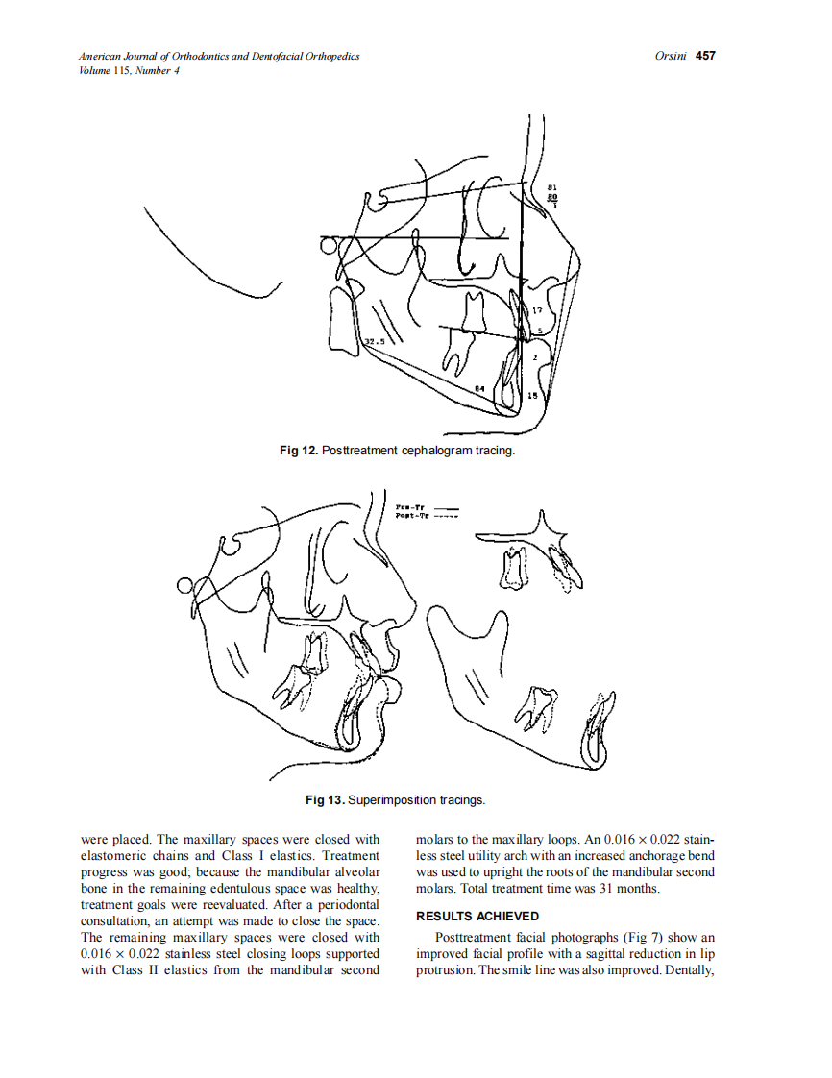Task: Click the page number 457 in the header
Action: pyautogui.click(x=706, y=57)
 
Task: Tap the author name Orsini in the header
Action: pyautogui.click(x=670, y=57)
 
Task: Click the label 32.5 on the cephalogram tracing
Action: pyautogui.click(x=375, y=341)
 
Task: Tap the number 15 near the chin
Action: pyautogui.click(x=531, y=395)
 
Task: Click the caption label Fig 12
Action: pyautogui.click(x=298, y=451)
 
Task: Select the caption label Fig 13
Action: pyautogui.click(x=325, y=799)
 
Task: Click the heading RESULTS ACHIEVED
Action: pyautogui.click(x=477, y=916)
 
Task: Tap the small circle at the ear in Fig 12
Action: pyautogui.click(x=330, y=247)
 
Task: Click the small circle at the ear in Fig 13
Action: pyautogui.click(x=184, y=586)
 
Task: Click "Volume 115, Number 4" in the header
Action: pyautogui.click(x=130, y=70)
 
